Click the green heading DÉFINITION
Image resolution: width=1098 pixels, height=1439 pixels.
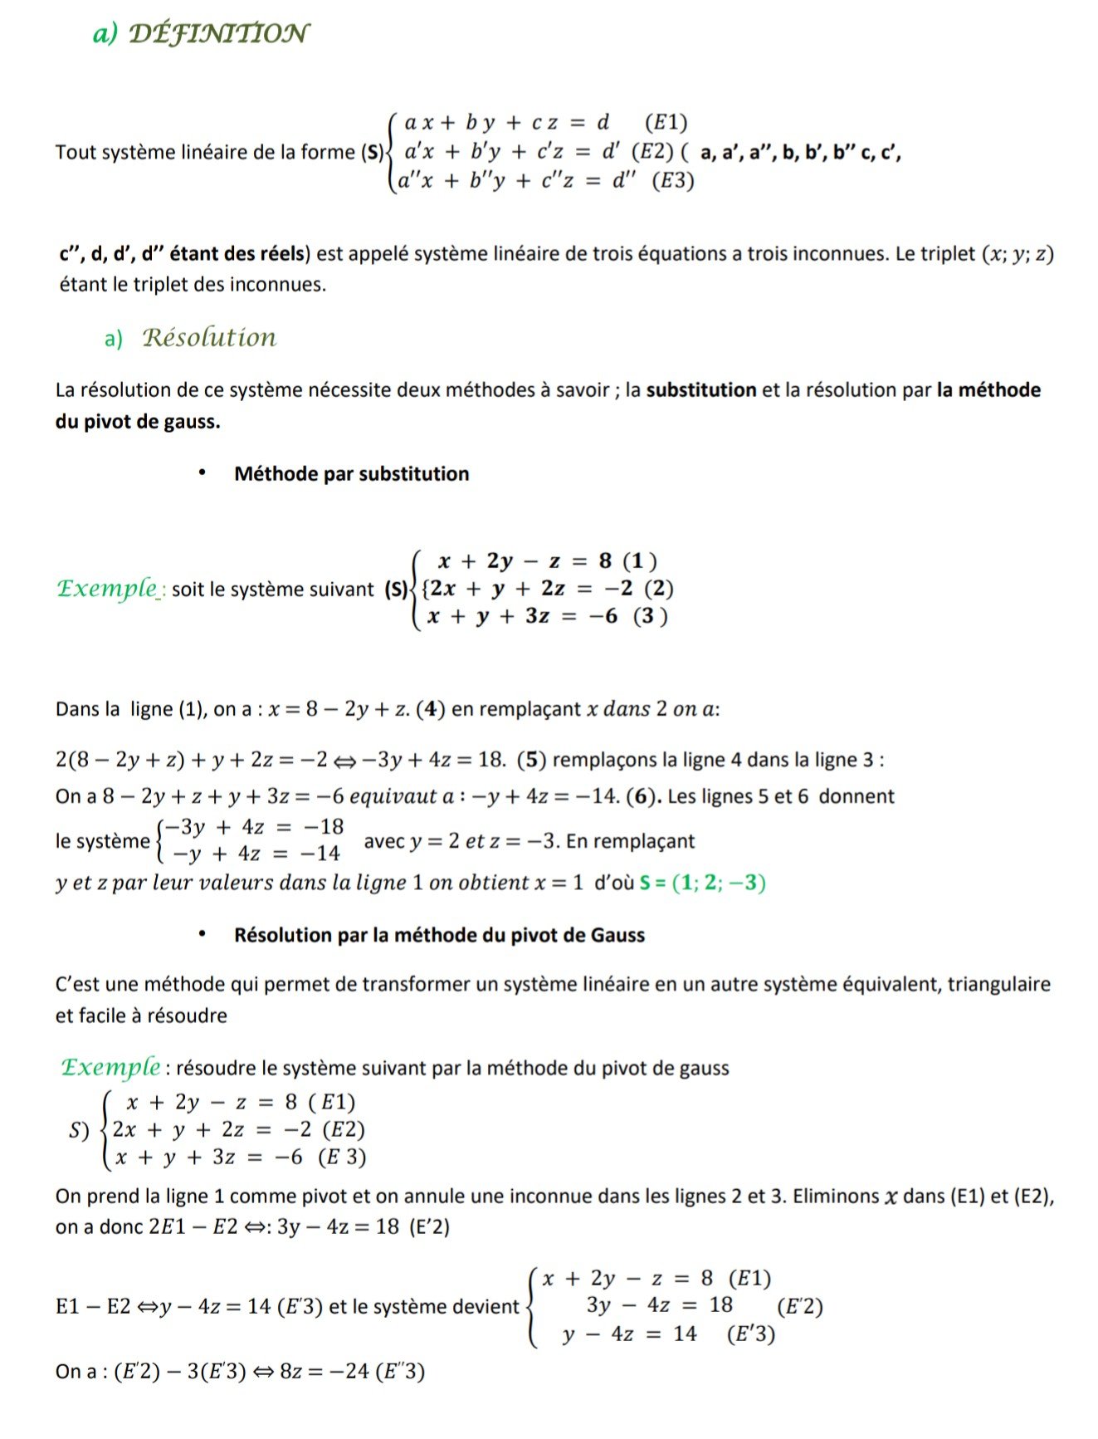pyautogui.click(x=219, y=33)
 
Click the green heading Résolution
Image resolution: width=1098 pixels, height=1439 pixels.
pyautogui.click(x=209, y=337)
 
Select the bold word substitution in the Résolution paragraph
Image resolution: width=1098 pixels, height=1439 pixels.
pyautogui.click(x=701, y=389)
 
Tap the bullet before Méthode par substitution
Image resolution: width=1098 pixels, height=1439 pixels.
pyautogui.click(x=202, y=472)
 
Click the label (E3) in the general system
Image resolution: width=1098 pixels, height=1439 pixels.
pyautogui.click(x=672, y=180)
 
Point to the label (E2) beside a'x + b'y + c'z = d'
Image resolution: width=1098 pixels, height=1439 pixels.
pyautogui.click(x=652, y=151)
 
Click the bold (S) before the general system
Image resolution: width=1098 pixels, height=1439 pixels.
pyautogui.click(x=373, y=152)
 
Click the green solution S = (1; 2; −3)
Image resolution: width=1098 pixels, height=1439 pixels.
pyautogui.click(x=702, y=882)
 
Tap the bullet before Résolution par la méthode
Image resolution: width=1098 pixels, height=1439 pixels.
pyautogui.click(x=202, y=934)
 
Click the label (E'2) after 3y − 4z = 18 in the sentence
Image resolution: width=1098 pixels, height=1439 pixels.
pyautogui.click(x=429, y=1226)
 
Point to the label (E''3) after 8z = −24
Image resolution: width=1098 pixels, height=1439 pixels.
pyautogui.click(x=400, y=1371)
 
